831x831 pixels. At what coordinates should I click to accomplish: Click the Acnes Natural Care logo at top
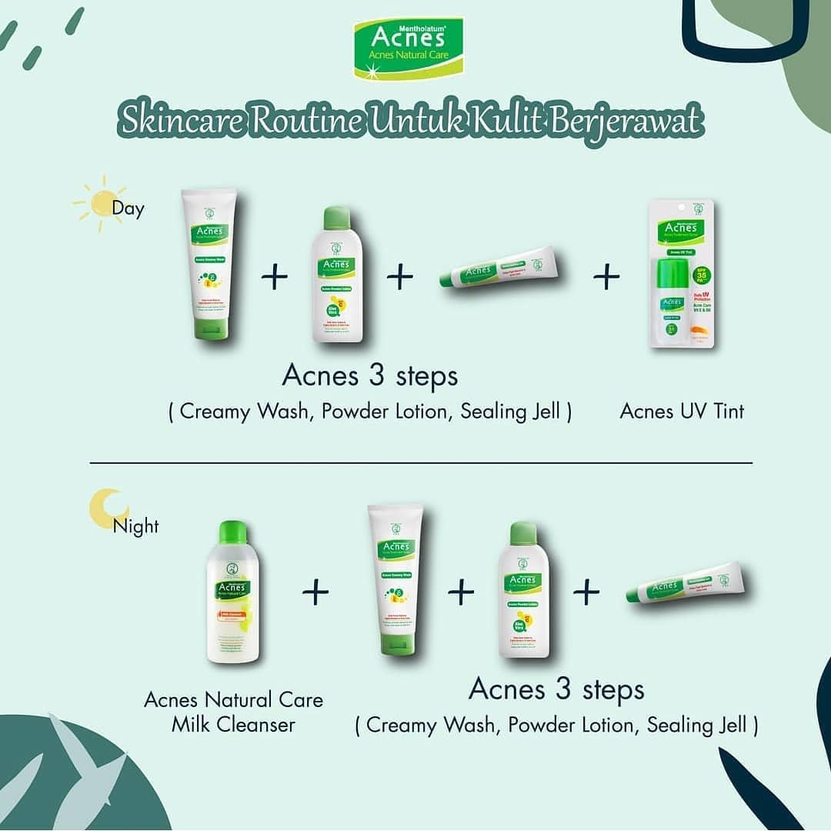pos(408,48)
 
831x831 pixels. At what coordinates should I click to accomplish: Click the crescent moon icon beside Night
pos(106,509)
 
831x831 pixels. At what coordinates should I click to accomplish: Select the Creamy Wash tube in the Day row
pos(209,263)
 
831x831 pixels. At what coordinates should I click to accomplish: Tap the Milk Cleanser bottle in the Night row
pos(232,591)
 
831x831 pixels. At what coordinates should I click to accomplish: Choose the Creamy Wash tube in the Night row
pos(395,579)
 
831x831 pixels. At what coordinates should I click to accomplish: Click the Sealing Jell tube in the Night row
pos(686,582)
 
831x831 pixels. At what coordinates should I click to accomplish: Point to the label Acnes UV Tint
pos(682,412)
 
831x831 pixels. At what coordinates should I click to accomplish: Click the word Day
pos(128,209)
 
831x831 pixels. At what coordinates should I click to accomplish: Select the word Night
pos(135,527)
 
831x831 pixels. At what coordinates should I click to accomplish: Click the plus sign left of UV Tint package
pos(606,277)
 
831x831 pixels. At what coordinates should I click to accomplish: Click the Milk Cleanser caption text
pos(233,712)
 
